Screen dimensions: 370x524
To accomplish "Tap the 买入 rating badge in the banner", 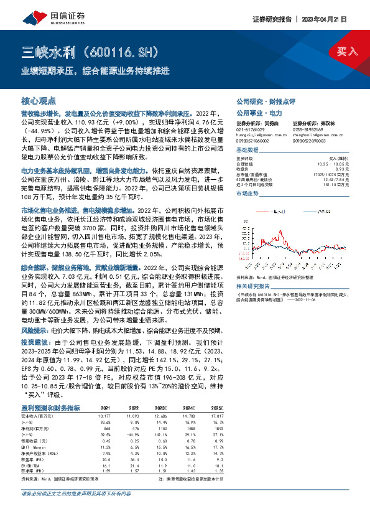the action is [x=347, y=52].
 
